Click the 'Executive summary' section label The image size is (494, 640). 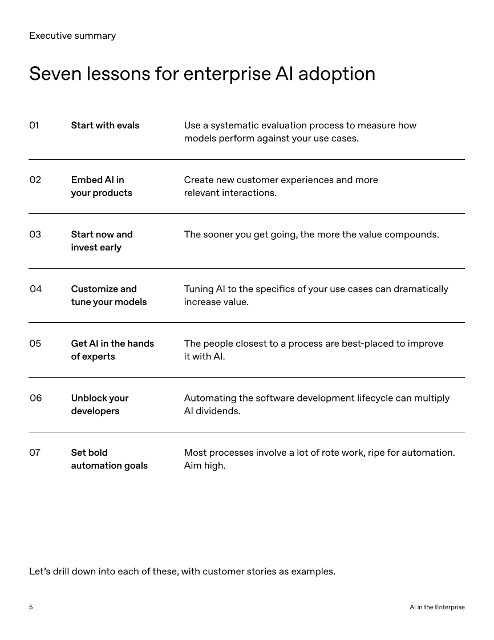point(72,36)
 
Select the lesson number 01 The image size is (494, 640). point(34,125)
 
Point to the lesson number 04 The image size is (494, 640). point(35,289)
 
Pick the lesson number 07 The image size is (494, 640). point(35,452)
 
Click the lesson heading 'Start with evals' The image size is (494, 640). point(105,125)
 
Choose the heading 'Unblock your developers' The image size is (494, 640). point(99,404)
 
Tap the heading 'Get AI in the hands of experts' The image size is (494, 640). point(112,350)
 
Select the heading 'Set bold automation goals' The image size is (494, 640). point(109,459)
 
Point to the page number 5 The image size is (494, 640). point(31,607)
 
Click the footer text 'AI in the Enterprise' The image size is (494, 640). point(437,607)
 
